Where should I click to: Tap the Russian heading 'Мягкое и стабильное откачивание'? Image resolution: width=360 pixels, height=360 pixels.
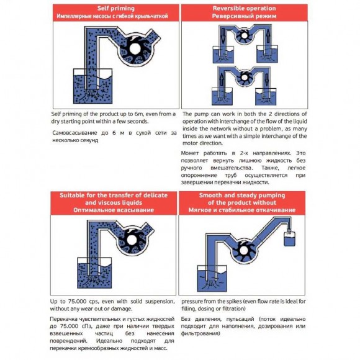pyautogui.click(x=243, y=210)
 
